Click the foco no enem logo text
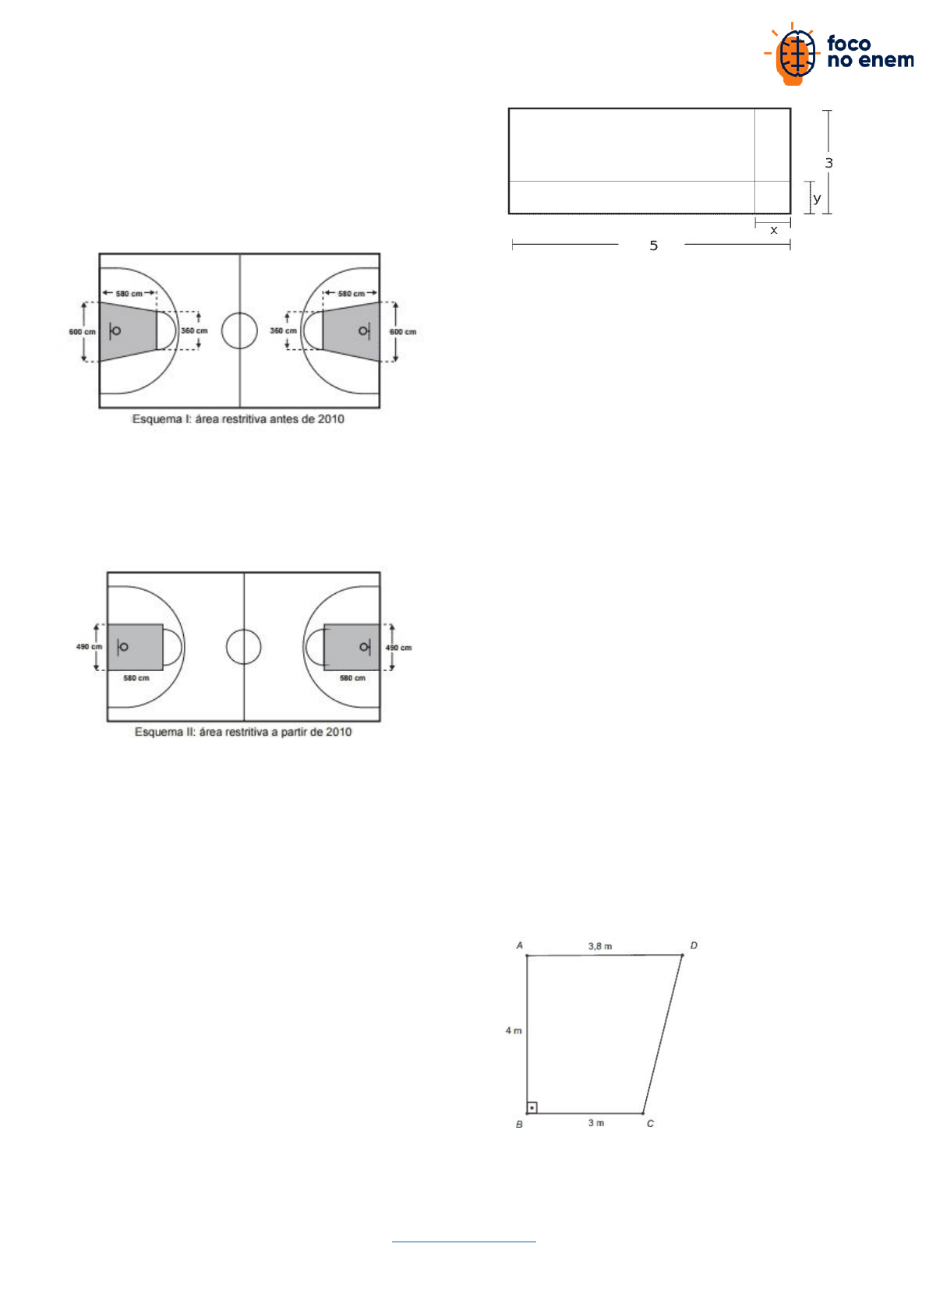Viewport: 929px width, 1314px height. [870, 52]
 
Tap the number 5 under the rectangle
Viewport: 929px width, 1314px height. [653, 245]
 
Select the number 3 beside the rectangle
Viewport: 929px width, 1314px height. [828, 162]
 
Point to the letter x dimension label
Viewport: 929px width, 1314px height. [774, 230]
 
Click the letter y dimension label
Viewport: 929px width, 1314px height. [817, 198]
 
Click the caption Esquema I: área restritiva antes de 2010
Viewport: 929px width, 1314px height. [238, 419]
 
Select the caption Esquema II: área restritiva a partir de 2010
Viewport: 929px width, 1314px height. [243, 732]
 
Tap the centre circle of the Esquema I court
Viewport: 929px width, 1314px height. [239, 313]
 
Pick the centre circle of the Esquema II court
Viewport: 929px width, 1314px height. [243, 630]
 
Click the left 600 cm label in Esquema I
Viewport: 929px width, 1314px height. [82, 331]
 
